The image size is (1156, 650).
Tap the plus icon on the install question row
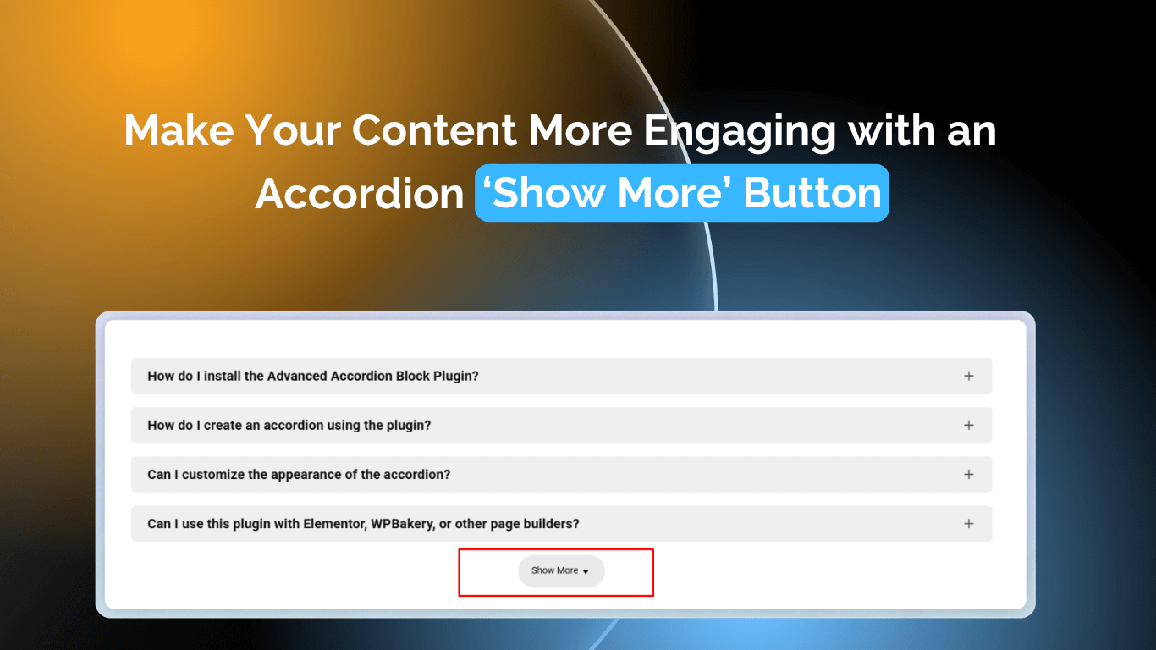coord(969,376)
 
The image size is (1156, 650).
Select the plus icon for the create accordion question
coord(969,425)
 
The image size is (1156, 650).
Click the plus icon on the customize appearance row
coord(969,474)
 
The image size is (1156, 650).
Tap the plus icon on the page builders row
coord(969,523)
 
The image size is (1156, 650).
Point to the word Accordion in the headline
coord(360,194)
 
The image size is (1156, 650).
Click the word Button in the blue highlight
coord(812,194)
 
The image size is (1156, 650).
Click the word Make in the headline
coord(179,131)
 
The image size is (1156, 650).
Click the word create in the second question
coord(223,426)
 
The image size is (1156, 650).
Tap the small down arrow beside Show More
coord(586,572)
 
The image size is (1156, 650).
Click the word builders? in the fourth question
coord(551,524)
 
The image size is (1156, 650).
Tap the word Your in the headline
coord(293,131)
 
